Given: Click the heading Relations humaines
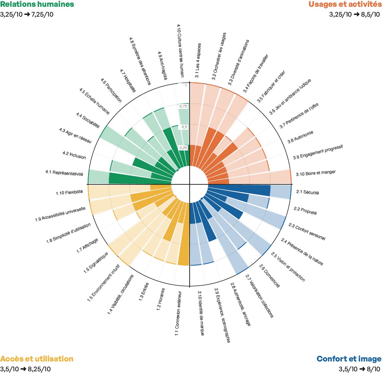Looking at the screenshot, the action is (37, 4).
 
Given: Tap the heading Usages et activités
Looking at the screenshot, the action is (345, 4).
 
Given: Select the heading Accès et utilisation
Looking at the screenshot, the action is (37, 359).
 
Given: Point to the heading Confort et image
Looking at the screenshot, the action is (349, 359).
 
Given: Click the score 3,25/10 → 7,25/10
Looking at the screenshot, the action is (26, 14).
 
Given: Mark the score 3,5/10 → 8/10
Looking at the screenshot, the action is (359, 369).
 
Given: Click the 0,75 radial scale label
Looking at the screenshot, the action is (183, 106).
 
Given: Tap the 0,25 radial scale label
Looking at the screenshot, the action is (183, 148).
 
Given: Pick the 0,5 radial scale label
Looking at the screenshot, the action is (184, 127).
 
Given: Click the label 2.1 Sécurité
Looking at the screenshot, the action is (307, 192).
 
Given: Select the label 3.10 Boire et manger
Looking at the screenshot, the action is (316, 173).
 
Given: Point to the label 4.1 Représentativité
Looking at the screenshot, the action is (64, 173).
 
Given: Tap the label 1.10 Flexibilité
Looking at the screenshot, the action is (69, 193).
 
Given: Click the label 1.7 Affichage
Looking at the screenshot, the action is (87, 246).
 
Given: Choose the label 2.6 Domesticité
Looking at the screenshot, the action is (270, 276).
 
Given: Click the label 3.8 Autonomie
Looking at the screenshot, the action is (300, 137).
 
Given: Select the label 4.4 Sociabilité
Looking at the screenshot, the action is (88, 120).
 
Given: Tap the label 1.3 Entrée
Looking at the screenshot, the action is (144, 292).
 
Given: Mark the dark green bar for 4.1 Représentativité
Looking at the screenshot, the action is (140, 178).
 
